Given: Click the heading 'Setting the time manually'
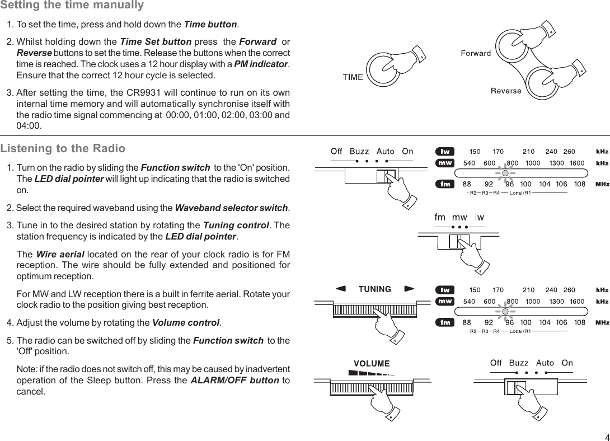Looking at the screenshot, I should point(72,6).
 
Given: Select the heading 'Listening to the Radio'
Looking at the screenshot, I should point(63,149).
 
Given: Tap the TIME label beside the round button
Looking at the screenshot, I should point(353,77).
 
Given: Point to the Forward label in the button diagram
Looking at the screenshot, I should point(476,54).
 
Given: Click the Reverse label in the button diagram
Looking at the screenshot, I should point(506,91).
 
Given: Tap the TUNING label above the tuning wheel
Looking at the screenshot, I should point(374,289).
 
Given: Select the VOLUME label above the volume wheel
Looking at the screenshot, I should point(372,364).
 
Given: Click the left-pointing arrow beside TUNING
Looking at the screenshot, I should point(340,289).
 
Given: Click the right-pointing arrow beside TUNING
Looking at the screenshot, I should point(410,289).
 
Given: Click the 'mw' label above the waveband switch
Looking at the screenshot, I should point(459,217).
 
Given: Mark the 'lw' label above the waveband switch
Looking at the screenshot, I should point(480,217).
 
